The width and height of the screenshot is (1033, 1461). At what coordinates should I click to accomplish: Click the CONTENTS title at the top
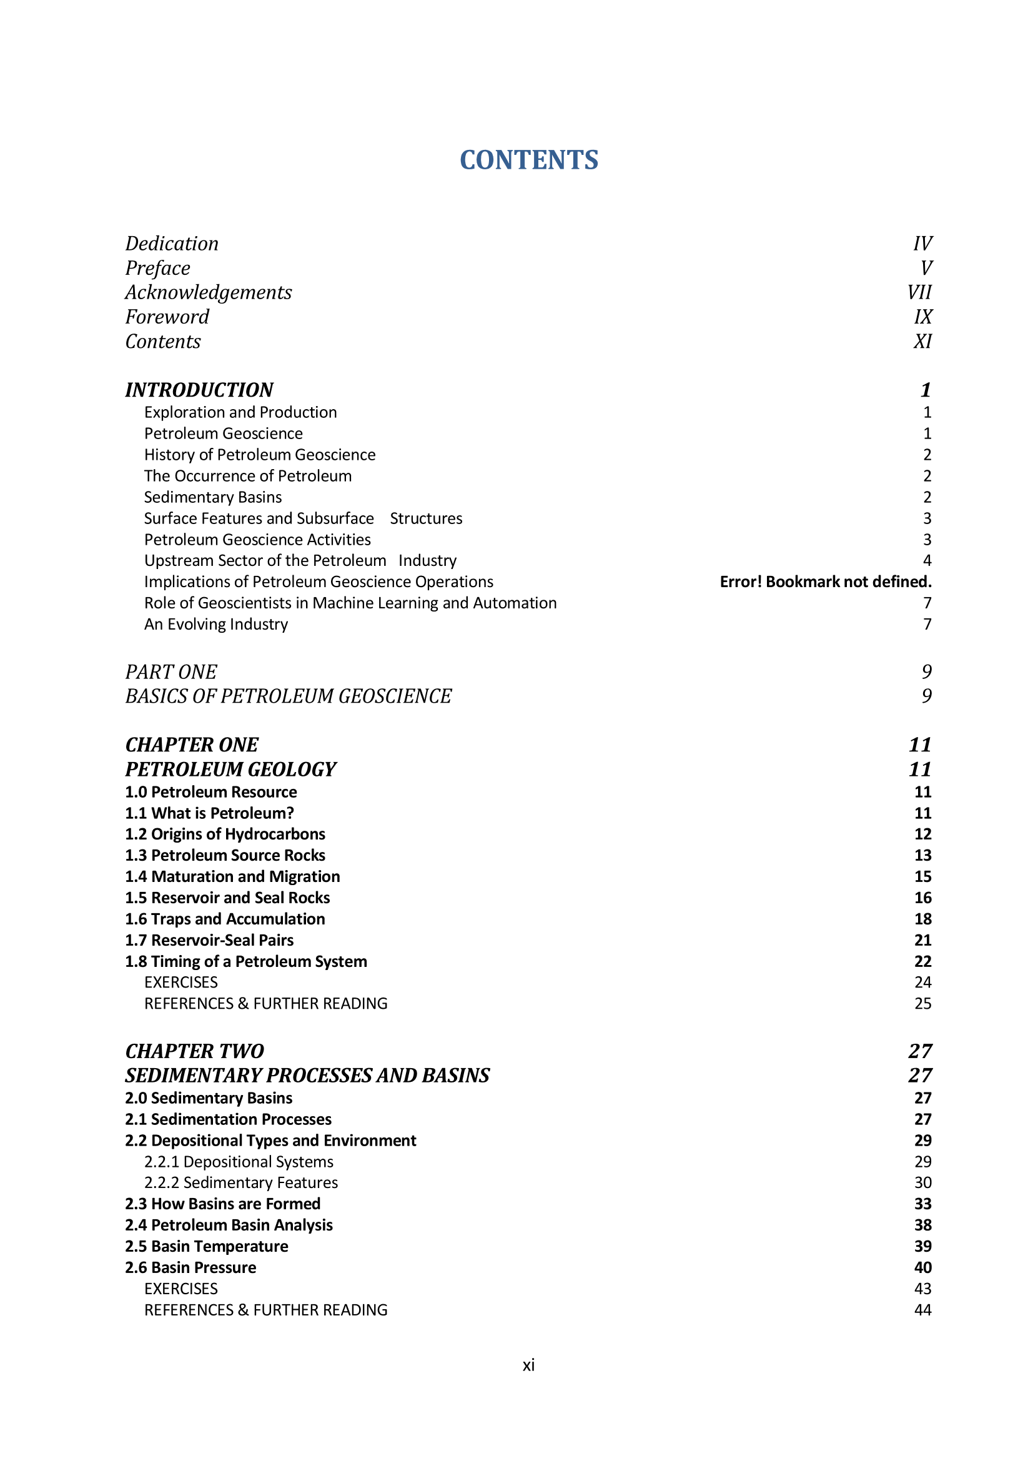coord(528,160)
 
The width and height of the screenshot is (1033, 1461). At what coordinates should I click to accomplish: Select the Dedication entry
coord(172,244)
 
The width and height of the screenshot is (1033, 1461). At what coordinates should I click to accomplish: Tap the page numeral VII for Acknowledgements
coord(919,293)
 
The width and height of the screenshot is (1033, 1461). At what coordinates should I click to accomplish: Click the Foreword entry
coord(167,317)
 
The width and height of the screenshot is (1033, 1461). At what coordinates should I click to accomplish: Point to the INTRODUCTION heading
coord(199,389)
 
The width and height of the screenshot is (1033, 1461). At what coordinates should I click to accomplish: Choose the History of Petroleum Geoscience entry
coord(260,455)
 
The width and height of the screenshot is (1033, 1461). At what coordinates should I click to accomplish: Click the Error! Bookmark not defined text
coord(825,582)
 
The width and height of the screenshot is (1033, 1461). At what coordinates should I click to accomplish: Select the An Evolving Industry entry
coord(215,624)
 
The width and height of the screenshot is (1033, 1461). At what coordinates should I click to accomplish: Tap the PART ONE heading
coord(171,672)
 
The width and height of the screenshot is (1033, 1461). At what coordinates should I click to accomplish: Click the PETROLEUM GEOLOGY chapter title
coord(230,770)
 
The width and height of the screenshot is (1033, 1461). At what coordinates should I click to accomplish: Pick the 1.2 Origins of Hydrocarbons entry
coord(225,835)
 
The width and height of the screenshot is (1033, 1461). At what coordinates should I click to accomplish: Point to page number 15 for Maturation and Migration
coord(922,877)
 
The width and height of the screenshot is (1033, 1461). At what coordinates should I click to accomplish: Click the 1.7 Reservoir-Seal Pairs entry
coord(209,941)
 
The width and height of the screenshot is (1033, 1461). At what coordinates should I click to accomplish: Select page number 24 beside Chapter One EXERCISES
coord(922,983)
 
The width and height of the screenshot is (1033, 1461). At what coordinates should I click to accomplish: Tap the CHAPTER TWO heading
coord(195,1051)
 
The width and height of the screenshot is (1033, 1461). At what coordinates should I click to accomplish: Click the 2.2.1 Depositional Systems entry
coord(239,1162)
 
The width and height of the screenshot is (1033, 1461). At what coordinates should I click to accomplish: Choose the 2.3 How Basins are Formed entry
coord(222,1204)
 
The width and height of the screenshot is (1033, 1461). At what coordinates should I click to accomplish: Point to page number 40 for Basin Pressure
coord(922,1267)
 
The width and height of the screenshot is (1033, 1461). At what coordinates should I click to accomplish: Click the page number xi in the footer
coord(528,1365)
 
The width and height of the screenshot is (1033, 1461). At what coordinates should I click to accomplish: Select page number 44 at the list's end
coord(922,1310)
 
